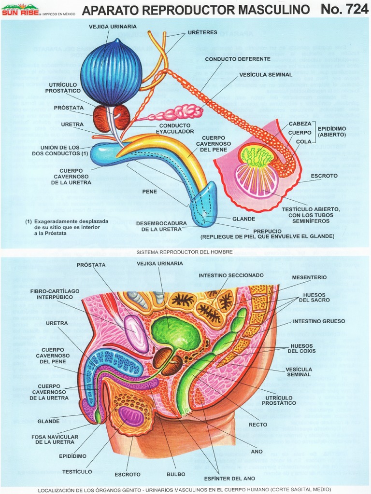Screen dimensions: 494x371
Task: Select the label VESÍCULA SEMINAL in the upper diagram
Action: pos(266,75)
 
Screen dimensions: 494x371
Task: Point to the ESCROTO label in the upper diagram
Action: pos(324,176)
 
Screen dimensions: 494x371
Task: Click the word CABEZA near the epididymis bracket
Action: pos(300,124)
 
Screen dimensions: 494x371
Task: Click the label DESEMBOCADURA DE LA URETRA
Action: pos(158,226)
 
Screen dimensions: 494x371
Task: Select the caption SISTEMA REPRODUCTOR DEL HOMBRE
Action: pos(185,252)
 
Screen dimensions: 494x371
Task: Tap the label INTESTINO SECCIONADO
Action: pos(231,275)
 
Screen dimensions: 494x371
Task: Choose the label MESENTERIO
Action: pos(309,277)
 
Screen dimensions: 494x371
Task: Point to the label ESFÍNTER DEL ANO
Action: pos(223,479)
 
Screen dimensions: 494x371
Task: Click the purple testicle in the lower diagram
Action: pos(131,416)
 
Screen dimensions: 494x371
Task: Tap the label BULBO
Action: pos(176,474)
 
